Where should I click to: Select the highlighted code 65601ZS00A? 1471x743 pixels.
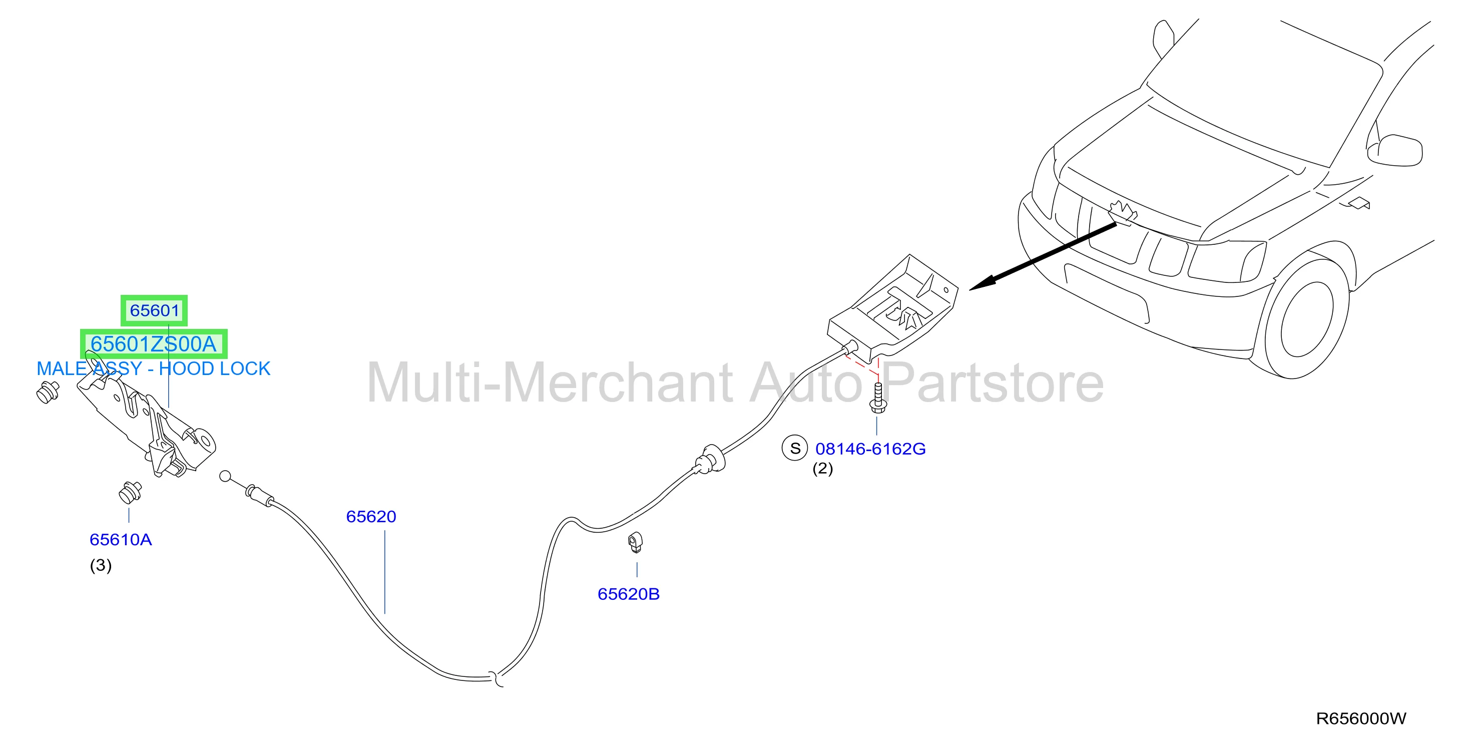(154, 344)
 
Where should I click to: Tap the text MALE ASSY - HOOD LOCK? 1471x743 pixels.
(153, 368)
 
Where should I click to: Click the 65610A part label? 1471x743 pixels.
(121, 539)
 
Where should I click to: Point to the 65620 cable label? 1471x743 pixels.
(371, 516)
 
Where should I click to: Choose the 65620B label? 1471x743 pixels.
(629, 594)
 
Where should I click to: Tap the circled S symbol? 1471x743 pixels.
(795, 448)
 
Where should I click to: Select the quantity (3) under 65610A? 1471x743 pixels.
(101, 565)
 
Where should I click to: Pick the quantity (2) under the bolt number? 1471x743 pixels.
(823, 468)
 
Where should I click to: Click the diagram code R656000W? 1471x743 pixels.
(1361, 718)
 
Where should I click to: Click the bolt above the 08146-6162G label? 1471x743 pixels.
(878, 398)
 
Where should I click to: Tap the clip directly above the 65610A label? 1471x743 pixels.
(130, 492)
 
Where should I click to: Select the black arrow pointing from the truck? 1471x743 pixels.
(1043, 257)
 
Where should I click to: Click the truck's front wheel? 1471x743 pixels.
(1308, 325)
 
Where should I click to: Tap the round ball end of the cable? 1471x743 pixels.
(226, 476)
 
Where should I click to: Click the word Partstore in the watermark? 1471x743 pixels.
(994, 383)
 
